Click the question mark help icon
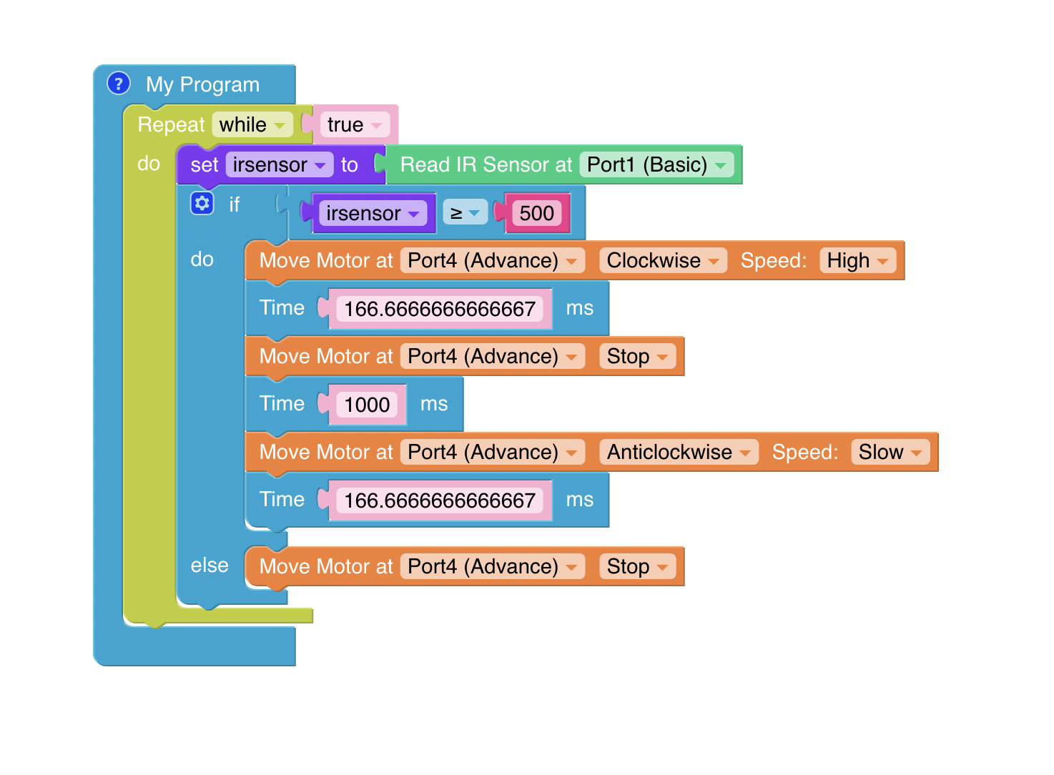(x=119, y=84)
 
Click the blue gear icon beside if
(x=202, y=204)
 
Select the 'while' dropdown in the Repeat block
(x=252, y=125)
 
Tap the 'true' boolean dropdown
(x=354, y=125)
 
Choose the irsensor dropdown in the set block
(x=279, y=165)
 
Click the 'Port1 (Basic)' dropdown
(x=656, y=165)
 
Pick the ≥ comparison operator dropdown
(x=465, y=213)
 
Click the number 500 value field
(x=536, y=213)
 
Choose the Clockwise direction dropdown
(x=662, y=261)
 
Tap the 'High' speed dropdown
(x=857, y=261)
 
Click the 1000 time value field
(x=367, y=405)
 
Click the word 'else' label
(x=210, y=566)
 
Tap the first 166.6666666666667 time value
(x=440, y=309)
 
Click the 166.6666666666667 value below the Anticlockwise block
(x=440, y=500)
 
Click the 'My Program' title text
(x=202, y=84)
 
